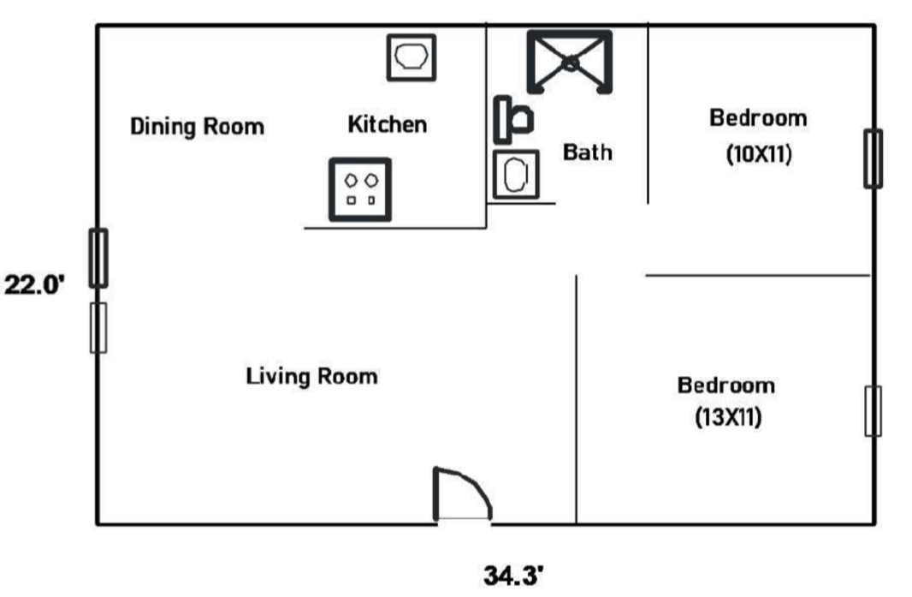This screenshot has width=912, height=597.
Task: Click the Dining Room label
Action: (197, 127)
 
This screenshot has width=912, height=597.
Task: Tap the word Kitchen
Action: (388, 124)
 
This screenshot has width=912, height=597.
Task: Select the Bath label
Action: (588, 152)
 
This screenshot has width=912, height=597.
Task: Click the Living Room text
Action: (311, 376)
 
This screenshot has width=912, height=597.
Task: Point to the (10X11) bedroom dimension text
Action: (759, 154)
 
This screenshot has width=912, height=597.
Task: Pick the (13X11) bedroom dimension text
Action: (728, 417)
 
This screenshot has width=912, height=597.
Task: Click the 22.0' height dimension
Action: (34, 285)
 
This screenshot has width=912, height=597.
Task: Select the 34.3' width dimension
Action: (513, 576)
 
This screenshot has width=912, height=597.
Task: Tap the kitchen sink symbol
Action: (412, 57)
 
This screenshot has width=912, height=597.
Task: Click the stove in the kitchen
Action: (360, 189)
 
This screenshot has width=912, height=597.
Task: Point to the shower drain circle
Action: (571, 62)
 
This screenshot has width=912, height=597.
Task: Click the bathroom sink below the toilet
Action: (515, 174)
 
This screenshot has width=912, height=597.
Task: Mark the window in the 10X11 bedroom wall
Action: (873, 158)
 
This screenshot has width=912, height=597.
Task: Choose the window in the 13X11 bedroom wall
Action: (873, 411)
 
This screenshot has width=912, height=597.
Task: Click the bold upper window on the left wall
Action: (98, 258)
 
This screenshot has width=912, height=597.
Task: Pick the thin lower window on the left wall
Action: (98, 328)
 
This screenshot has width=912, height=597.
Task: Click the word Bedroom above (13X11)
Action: (726, 385)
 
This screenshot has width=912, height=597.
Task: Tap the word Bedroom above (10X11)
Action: (759, 118)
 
